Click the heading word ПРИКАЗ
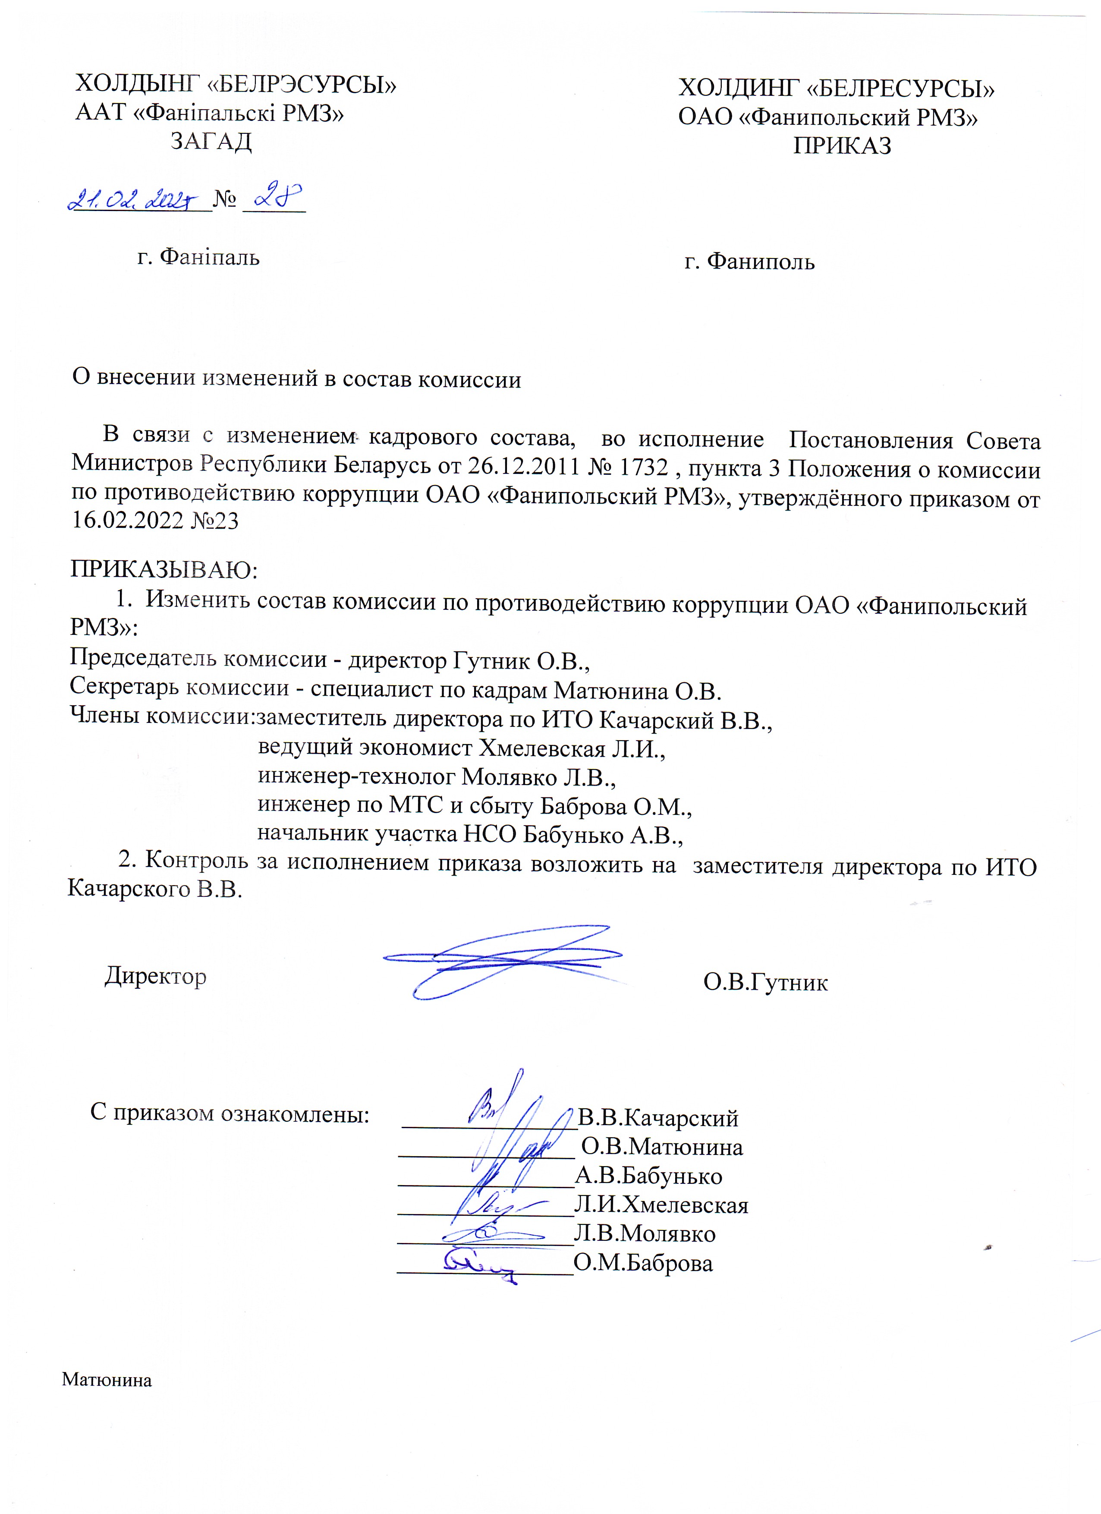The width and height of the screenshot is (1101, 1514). point(842,145)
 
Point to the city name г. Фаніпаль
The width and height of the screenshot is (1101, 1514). point(198,256)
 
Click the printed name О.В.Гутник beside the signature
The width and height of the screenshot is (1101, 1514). point(765,982)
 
